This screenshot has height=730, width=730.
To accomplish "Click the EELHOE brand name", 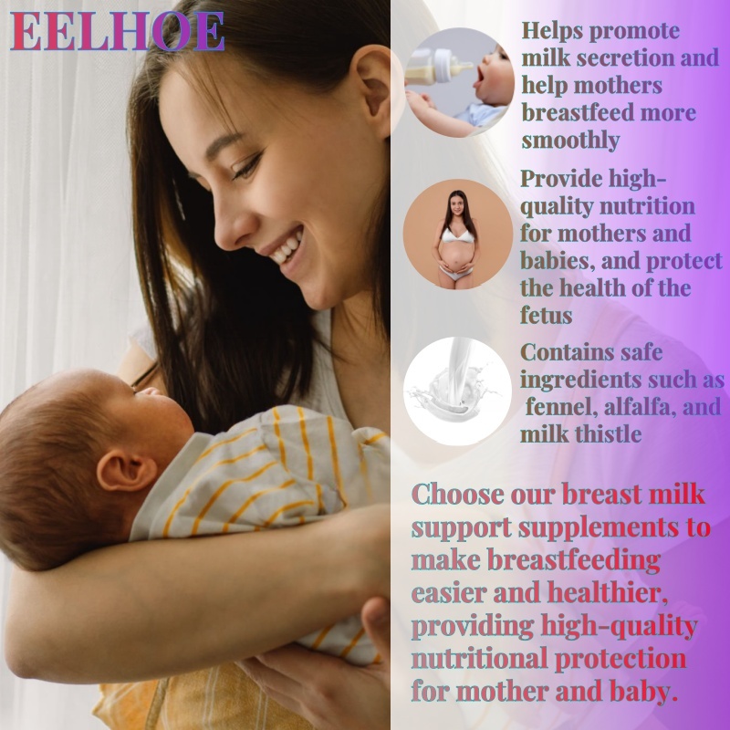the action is [117, 31].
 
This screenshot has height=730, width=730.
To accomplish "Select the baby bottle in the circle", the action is [438, 67].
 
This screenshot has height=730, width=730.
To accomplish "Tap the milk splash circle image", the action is [458, 391].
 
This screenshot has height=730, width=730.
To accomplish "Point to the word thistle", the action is [608, 434].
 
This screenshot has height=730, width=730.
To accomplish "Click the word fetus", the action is [546, 315].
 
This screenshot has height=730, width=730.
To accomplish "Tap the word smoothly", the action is [571, 141].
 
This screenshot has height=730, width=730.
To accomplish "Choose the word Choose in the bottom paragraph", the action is [458, 495].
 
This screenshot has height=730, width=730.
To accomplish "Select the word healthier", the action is [607, 592].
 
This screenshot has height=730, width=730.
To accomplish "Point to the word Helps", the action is [552, 31].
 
